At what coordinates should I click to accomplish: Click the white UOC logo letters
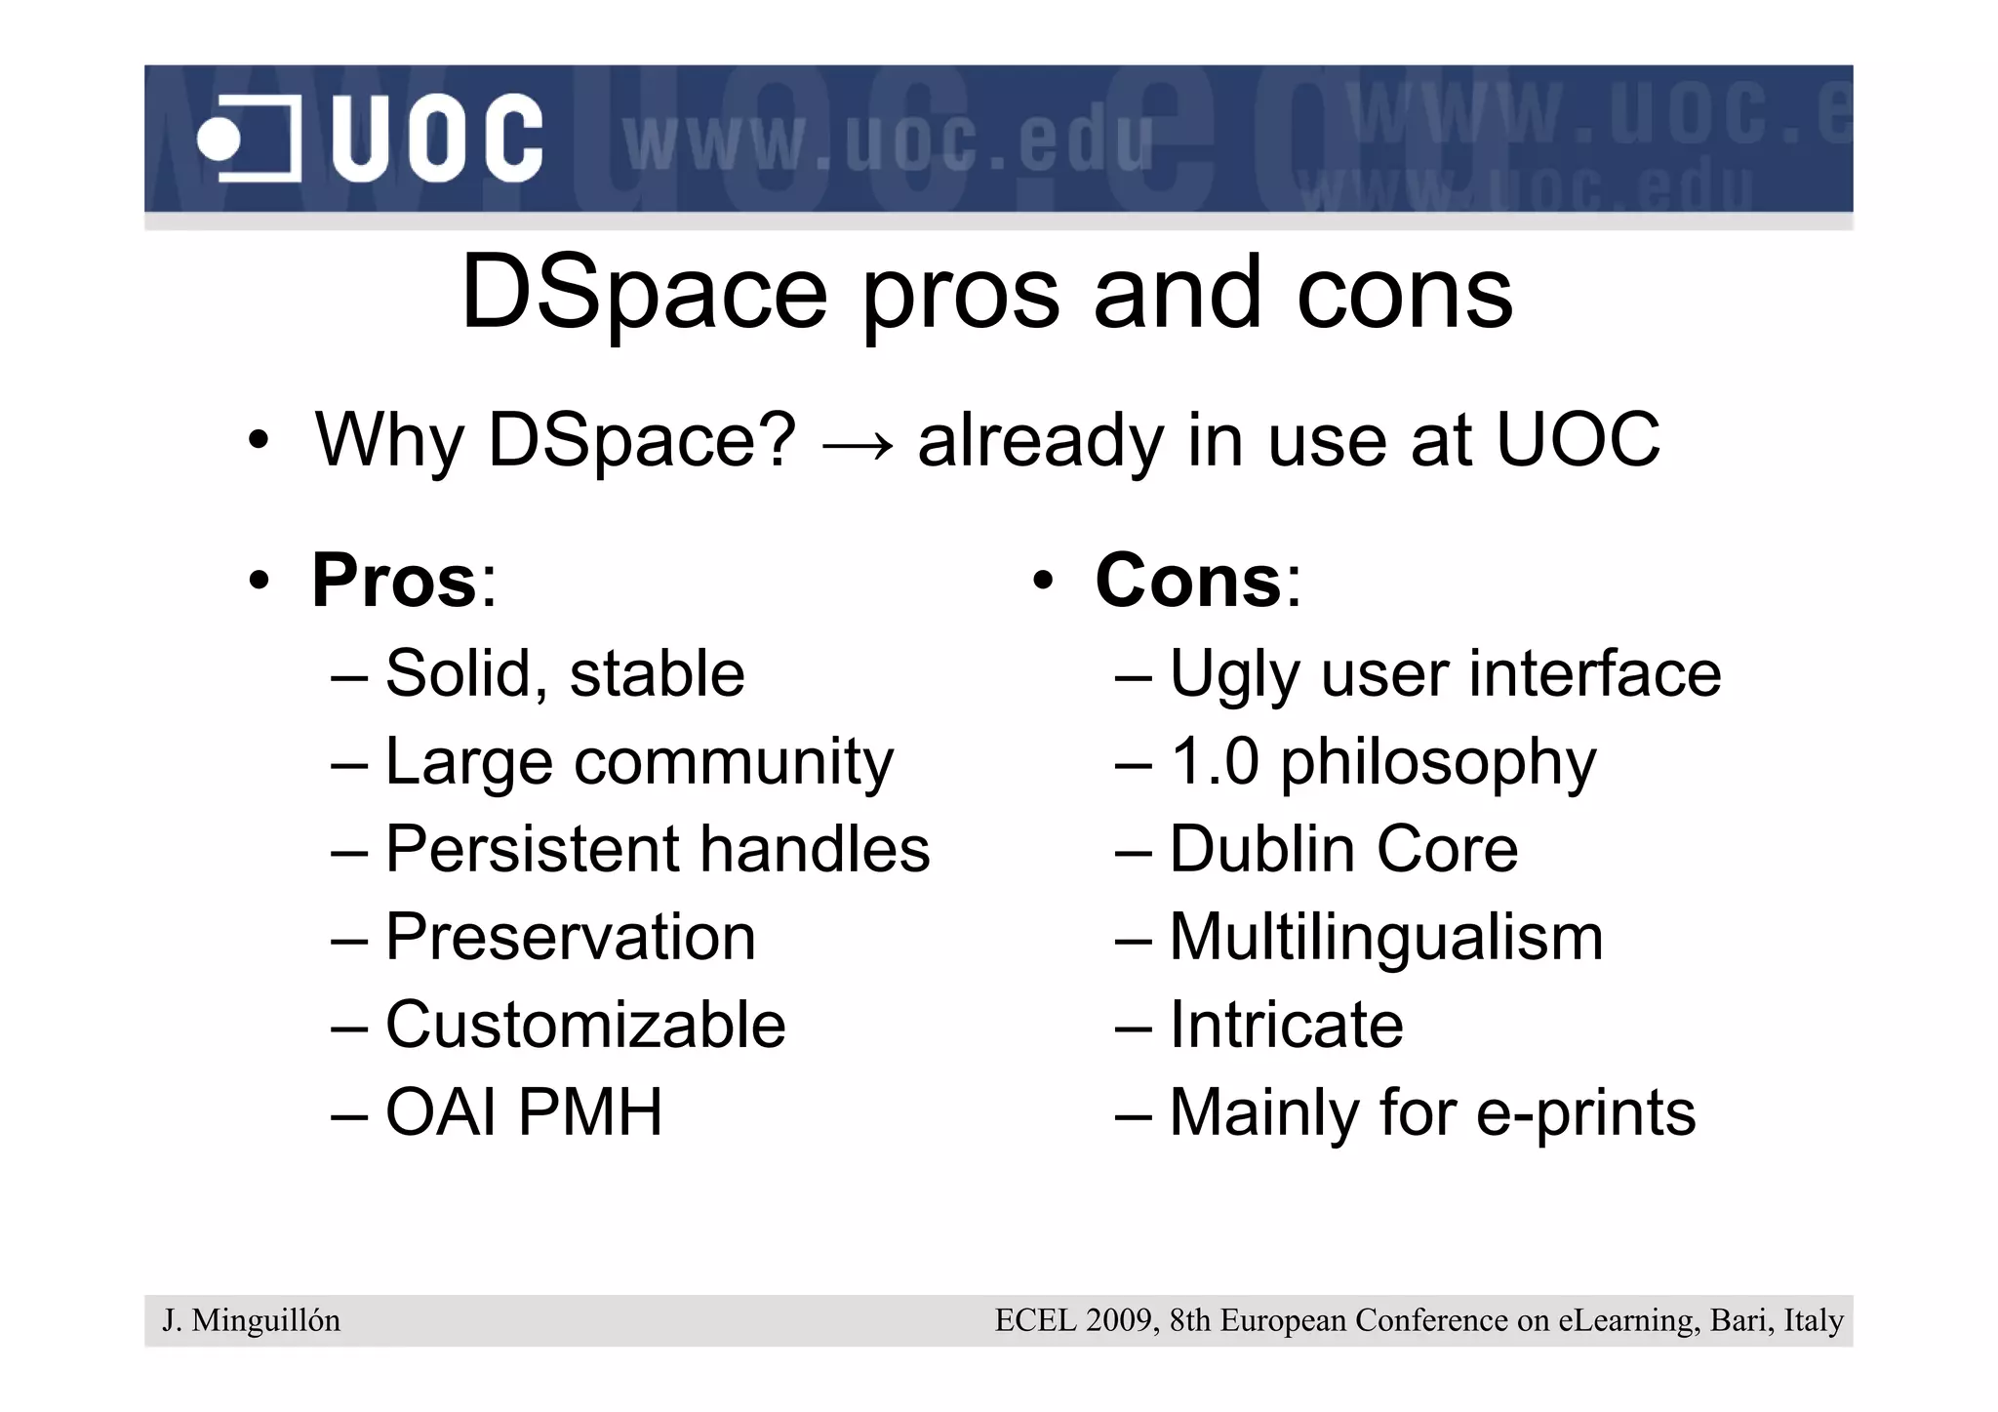[436, 139]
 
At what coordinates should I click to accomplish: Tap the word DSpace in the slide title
[644, 292]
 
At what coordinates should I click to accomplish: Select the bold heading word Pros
[394, 581]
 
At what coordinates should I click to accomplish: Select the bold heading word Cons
[1187, 581]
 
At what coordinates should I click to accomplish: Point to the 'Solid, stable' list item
[565, 673]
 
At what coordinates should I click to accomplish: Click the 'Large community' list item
[639, 761]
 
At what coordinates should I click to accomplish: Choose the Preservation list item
[571, 937]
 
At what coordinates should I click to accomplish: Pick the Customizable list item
[585, 1025]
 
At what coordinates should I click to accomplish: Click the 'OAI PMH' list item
[524, 1111]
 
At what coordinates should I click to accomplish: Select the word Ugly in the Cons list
[1234, 675]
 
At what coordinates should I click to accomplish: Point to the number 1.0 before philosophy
[1215, 761]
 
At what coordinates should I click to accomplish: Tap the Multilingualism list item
[1385, 937]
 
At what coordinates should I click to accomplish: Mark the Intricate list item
[1286, 1025]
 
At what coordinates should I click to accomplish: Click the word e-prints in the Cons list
[1586, 1113]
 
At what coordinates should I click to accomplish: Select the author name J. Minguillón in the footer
[252, 1320]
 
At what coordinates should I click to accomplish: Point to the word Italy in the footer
[1813, 1320]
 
